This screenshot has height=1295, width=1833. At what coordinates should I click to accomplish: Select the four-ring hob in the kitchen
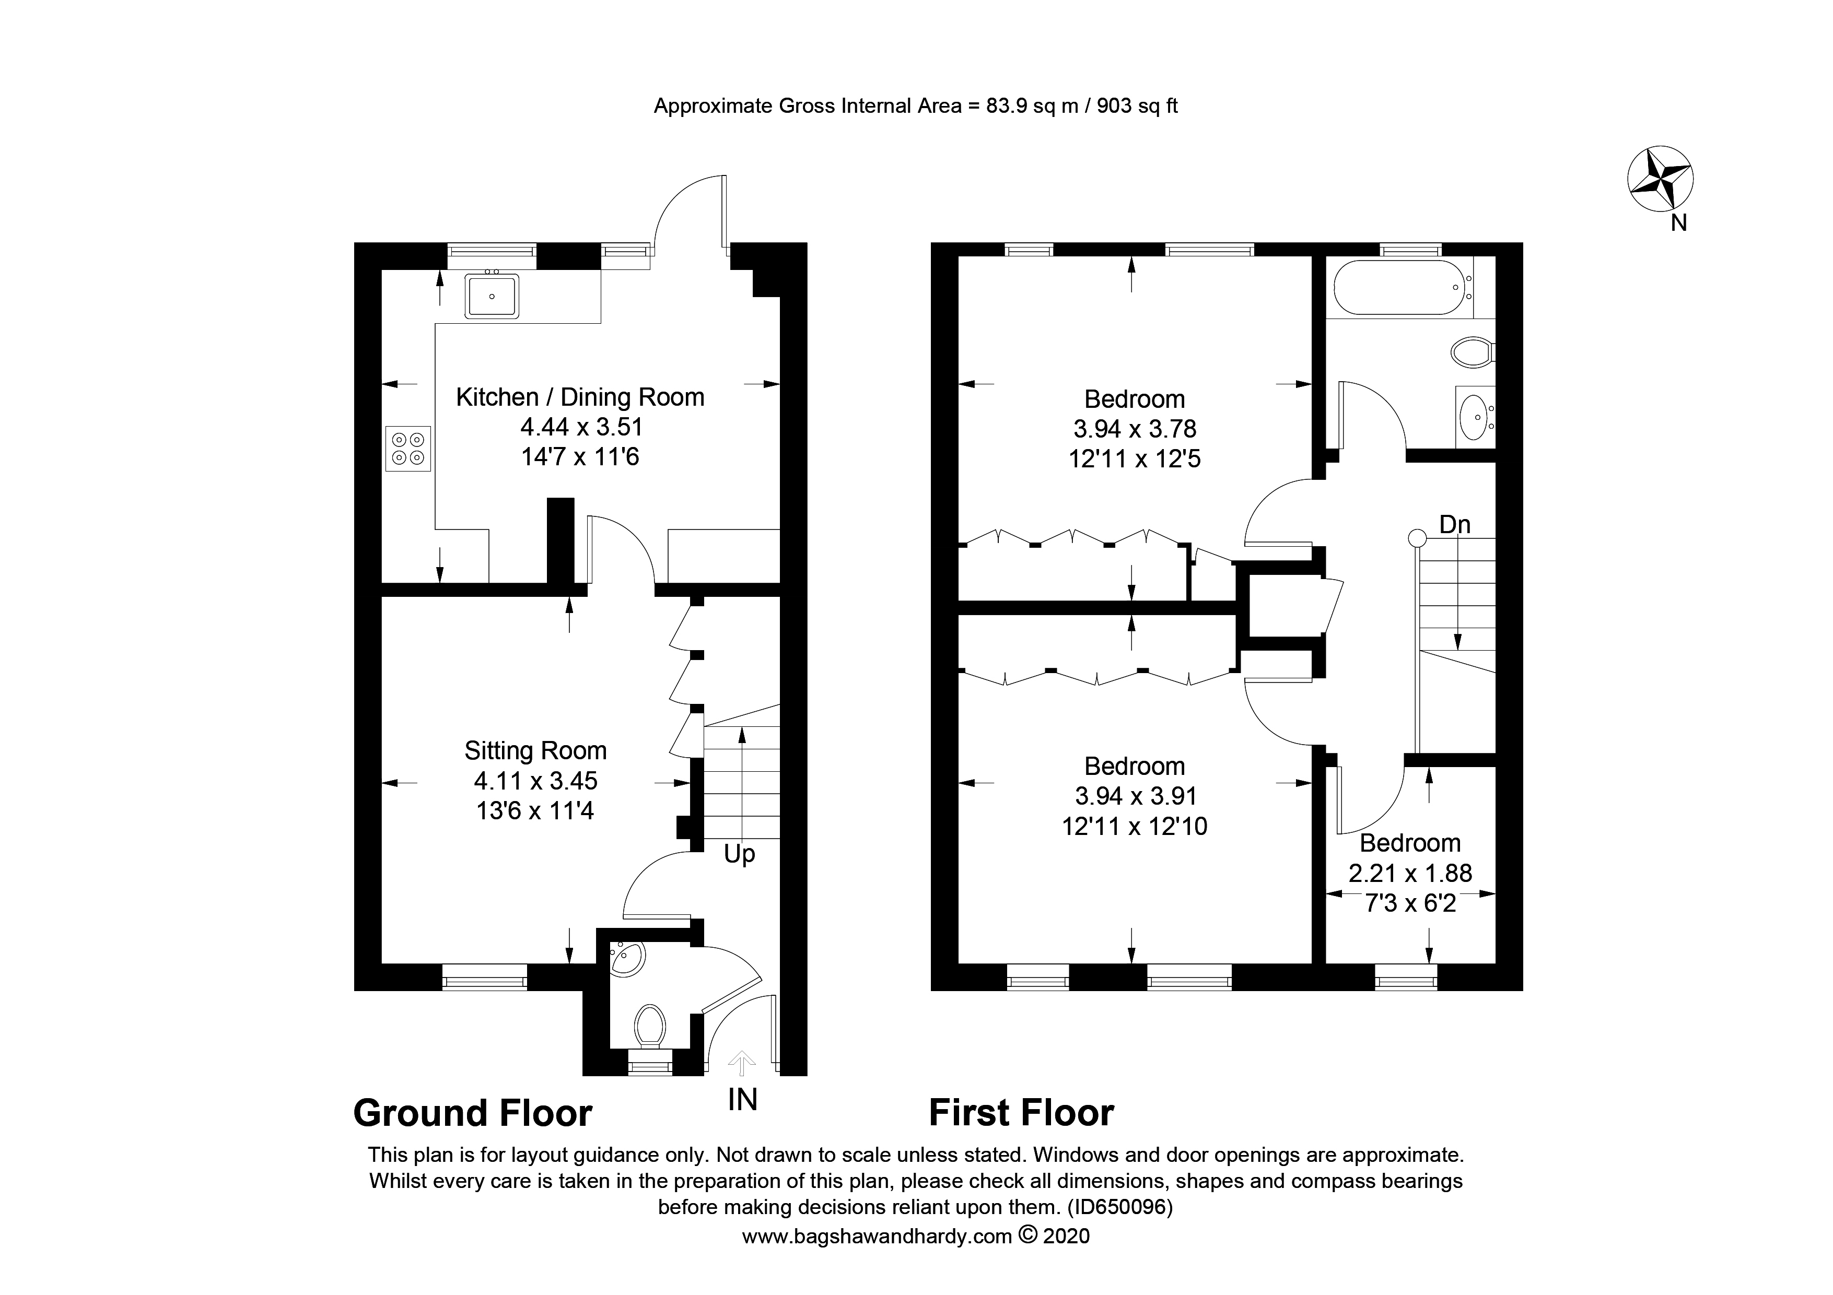point(408,449)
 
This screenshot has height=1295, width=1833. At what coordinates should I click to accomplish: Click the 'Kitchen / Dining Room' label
point(580,397)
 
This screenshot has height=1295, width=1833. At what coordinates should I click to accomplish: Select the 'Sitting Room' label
point(535,751)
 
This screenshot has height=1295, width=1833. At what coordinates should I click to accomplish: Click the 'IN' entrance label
point(742,1100)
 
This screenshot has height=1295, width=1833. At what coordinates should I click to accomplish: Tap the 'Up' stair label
point(739,855)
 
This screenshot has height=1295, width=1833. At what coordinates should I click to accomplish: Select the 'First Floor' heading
point(1021,1113)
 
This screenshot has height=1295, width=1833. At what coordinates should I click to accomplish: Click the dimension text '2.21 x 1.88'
point(1410,873)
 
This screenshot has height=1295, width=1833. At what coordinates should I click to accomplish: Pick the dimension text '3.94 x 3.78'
point(1135,429)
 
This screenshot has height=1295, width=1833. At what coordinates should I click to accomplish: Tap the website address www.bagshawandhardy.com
point(877,1236)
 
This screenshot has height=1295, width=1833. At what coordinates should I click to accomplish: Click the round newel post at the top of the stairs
point(1417,538)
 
